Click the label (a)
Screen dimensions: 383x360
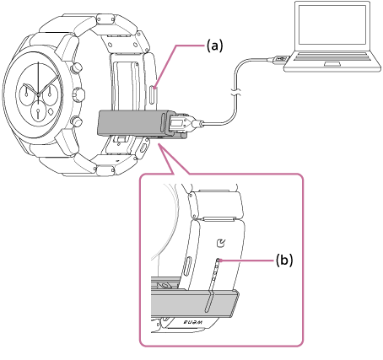click(214, 46)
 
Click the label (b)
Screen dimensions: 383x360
click(283, 261)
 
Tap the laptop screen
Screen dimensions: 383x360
click(332, 24)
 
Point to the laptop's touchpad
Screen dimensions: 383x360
click(332, 64)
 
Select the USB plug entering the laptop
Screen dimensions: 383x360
click(278, 59)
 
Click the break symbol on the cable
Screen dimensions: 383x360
click(235, 93)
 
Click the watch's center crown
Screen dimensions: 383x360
click(79, 94)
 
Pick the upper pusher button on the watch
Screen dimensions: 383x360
click(76, 67)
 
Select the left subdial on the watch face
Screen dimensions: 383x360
click(26, 94)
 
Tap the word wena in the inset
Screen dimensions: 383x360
click(193, 322)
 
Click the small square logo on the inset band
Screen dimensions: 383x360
click(221, 244)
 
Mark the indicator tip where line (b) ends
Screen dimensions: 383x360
click(218, 261)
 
